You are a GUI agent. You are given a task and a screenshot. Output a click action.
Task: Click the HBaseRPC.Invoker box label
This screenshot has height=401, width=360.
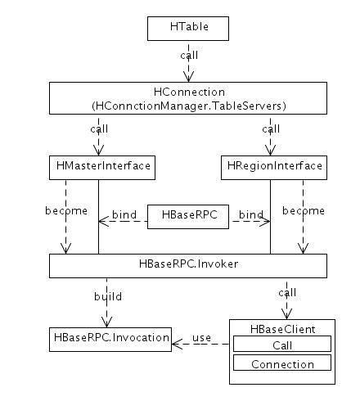[188, 264]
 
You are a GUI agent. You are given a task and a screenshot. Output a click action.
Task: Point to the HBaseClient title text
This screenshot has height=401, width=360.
[283, 329]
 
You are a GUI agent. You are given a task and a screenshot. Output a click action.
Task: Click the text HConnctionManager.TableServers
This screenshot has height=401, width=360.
[189, 106]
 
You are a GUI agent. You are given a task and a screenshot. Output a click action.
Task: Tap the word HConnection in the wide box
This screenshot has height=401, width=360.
[189, 92]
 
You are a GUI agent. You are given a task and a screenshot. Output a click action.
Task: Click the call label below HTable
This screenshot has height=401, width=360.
[189, 55]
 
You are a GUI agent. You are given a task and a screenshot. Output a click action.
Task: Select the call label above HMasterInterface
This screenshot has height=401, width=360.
[99, 128]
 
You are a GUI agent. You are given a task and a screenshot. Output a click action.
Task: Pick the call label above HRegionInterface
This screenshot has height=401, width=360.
[271, 128]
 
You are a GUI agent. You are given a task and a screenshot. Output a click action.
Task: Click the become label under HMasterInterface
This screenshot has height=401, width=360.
[66, 210]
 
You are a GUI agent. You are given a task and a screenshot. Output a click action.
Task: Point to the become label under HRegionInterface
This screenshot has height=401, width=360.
[304, 210]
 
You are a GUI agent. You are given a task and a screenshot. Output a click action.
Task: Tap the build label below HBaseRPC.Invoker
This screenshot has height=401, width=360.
[108, 296]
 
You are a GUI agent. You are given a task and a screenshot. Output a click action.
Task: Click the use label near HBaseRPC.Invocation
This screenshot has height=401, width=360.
[201, 338]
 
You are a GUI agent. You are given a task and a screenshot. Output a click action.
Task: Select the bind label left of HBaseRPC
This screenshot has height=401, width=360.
[124, 214]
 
